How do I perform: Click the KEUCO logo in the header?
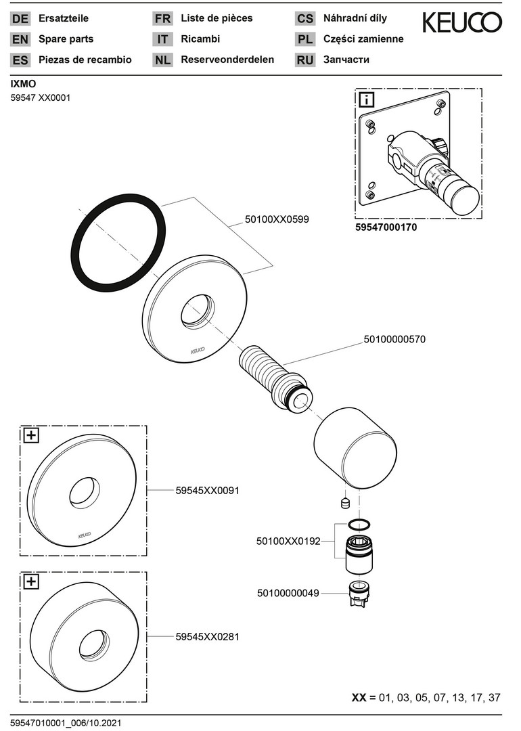462,23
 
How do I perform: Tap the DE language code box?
21,19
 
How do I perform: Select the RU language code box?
305,60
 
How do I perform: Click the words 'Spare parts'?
66,39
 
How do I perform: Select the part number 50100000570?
394,340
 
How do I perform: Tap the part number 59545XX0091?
207,490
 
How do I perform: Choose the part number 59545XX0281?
207,636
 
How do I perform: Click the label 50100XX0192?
288,541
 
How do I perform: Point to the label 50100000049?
288,594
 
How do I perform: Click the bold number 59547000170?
386,228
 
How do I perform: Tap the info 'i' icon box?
366,101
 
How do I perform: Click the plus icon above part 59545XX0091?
31,435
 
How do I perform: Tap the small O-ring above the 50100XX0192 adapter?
359,524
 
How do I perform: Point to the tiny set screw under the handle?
342,503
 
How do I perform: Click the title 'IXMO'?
23,84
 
